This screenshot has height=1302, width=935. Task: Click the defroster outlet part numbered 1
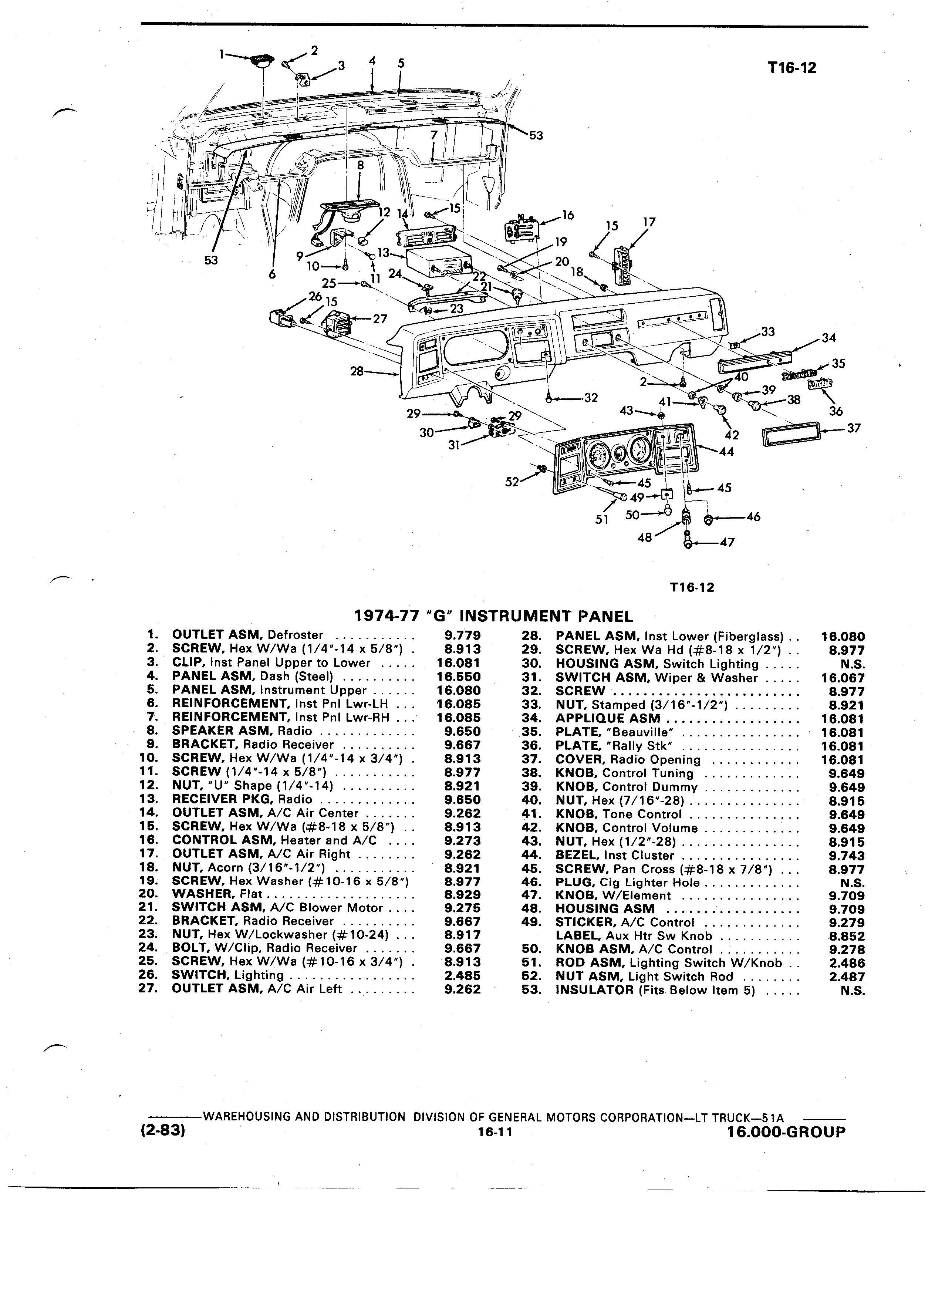263,62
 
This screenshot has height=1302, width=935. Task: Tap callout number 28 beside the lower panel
357,371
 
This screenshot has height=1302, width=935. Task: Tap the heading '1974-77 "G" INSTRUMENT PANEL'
494,617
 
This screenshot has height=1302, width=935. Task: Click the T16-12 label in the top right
792,68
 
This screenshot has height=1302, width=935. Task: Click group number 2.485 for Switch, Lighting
463,975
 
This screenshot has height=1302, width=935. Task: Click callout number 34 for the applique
829,338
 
